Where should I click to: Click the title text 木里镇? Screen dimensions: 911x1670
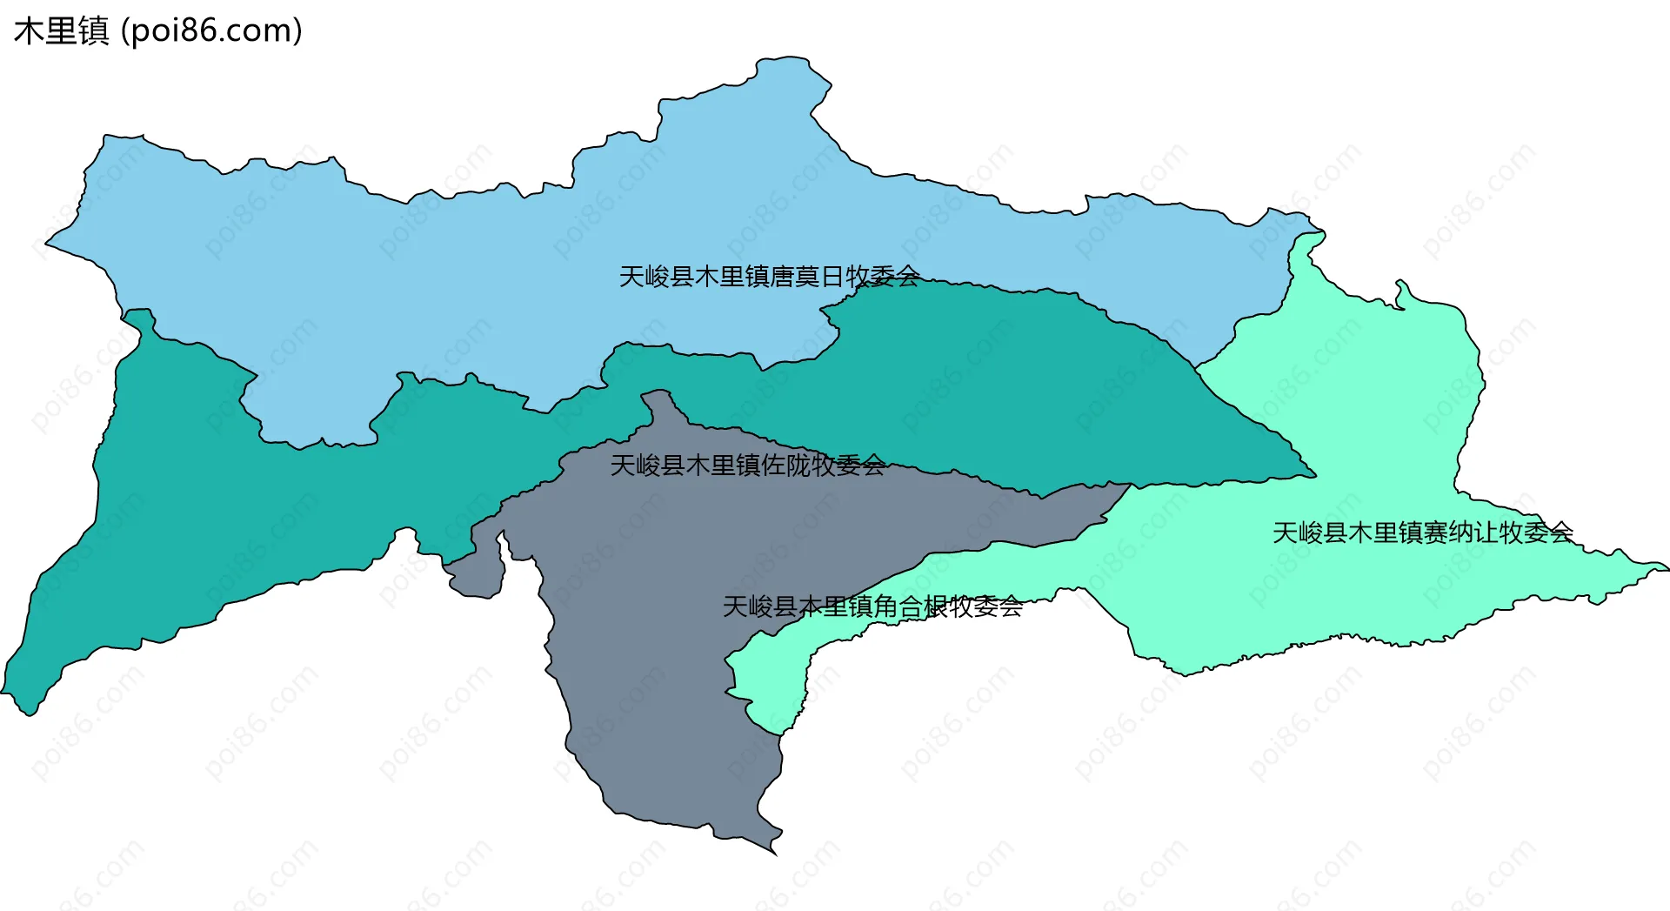(x=61, y=31)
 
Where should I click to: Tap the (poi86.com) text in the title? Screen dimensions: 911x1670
(x=211, y=31)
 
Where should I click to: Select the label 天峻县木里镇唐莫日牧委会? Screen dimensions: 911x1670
(x=769, y=277)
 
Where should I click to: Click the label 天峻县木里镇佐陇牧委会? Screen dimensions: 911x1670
(x=747, y=466)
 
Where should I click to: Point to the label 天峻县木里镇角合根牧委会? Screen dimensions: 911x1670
(x=872, y=606)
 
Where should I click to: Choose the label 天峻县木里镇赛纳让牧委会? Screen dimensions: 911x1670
(x=1422, y=533)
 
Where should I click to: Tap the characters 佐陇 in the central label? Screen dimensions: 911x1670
(x=785, y=466)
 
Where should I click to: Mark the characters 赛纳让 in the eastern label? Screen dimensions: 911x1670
(x=1460, y=533)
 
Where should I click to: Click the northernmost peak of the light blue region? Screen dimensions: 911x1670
(x=783, y=61)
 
